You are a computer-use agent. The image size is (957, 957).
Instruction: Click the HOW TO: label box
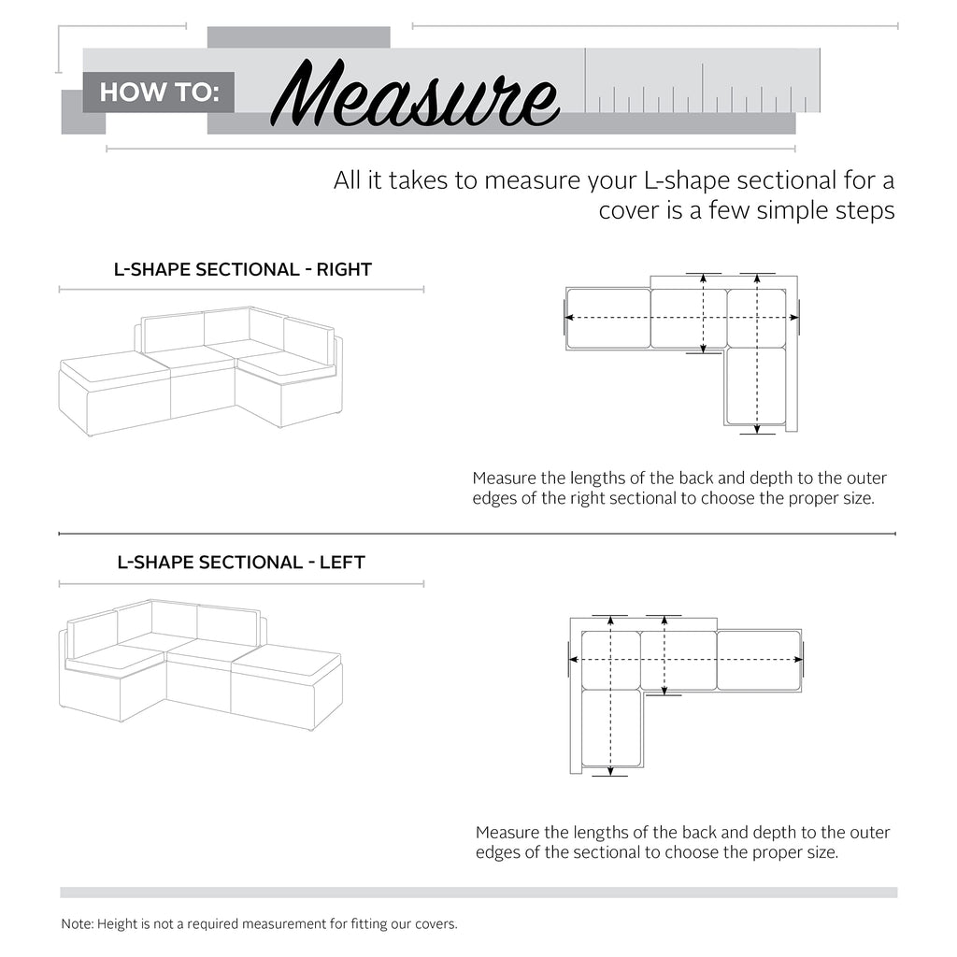tap(158, 93)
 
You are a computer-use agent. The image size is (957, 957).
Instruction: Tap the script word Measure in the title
tap(417, 95)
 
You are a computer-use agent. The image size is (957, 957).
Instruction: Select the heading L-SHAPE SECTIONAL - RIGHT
tap(242, 270)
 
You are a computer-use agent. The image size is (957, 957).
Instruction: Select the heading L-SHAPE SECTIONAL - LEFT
tap(241, 563)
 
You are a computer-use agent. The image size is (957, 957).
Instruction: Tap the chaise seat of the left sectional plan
tap(611, 728)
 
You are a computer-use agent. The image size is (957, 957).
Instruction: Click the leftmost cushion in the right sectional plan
tap(607, 319)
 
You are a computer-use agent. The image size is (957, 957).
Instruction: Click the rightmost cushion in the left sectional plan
tap(759, 660)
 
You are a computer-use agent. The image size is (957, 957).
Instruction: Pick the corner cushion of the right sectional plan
tap(756, 319)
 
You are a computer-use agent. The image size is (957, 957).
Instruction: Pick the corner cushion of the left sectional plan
tap(611, 660)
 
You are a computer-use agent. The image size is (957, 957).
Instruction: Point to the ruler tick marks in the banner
tap(701, 93)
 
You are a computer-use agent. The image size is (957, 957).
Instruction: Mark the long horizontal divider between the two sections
tap(477, 535)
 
